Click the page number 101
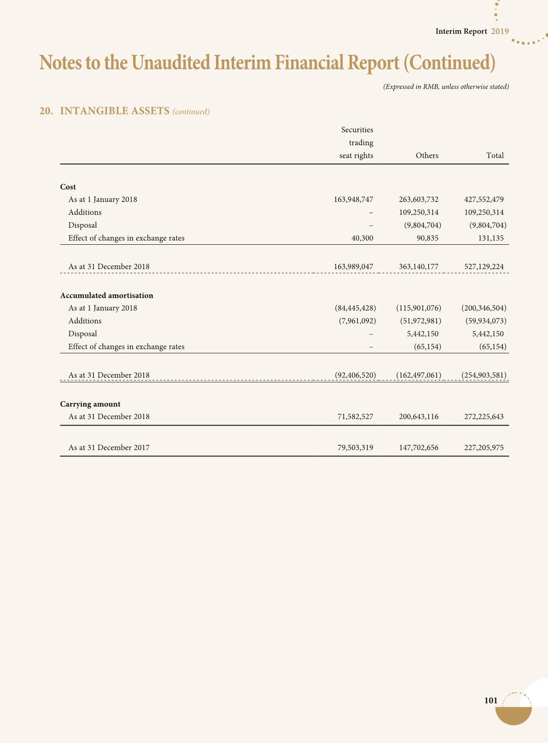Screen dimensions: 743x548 pyautogui.click(x=491, y=701)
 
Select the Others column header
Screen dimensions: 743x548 pyautogui.click(x=427, y=156)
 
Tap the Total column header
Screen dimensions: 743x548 pyautogui.click(x=495, y=156)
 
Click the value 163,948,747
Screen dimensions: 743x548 pyautogui.click(x=353, y=200)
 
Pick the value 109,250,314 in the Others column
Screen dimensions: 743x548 pyautogui.click(x=419, y=213)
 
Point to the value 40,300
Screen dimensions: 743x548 pyautogui.click(x=362, y=238)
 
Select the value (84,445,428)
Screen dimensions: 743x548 pyautogui.click(x=356, y=308)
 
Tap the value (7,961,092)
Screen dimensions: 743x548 pyautogui.click(x=357, y=321)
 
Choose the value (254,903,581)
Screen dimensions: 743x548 pyautogui.click(x=484, y=375)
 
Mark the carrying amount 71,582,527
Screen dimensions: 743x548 pyautogui.click(x=355, y=417)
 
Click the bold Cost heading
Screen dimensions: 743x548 pyautogui.click(x=68, y=187)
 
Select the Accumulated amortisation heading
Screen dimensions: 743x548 pyautogui.click(x=107, y=295)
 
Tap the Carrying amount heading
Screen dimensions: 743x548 pyautogui.click(x=90, y=404)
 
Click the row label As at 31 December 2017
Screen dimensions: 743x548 pyautogui.click(x=109, y=447)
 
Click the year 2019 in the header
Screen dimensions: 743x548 pyautogui.click(x=500, y=31)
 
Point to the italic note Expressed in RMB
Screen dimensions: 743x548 pyautogui.click(x=446, y=86)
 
